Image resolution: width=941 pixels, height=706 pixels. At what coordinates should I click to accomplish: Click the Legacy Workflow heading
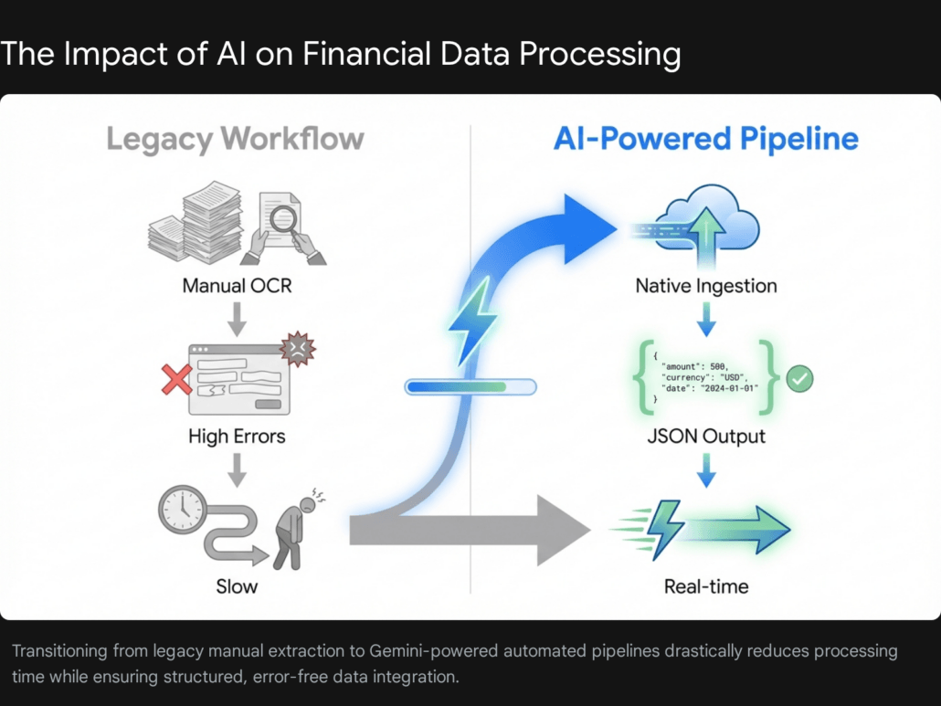point(236,139)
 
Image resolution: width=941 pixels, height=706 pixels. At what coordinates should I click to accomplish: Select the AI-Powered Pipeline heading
point(705,139)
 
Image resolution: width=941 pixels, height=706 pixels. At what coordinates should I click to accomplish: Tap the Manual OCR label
point(237,286)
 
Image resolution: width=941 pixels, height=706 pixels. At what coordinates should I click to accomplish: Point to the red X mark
point(176,380)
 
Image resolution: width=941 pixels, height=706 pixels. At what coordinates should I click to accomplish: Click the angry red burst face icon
point(298,349)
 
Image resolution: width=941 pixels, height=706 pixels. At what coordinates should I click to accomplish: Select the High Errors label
point(237,436)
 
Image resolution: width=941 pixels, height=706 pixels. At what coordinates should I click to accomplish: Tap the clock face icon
point(183,510)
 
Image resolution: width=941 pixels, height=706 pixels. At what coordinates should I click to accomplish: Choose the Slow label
point(237,586)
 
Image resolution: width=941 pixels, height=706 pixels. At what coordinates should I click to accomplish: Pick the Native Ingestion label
point(706,286)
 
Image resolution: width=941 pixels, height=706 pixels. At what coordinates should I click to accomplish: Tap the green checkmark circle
point(799,379)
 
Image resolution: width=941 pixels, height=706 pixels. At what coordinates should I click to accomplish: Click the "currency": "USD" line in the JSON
point(704,377)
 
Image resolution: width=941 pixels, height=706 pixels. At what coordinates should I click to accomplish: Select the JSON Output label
point(706,436)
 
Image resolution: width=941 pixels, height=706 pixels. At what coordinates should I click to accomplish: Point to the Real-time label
point(706,586)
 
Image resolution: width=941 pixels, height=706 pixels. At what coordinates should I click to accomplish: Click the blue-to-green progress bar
point(470,387)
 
